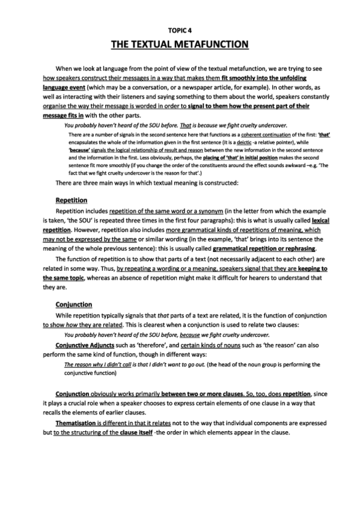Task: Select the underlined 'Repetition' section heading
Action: [x=72, y=200]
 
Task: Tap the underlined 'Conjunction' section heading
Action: [x=73, y=304]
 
